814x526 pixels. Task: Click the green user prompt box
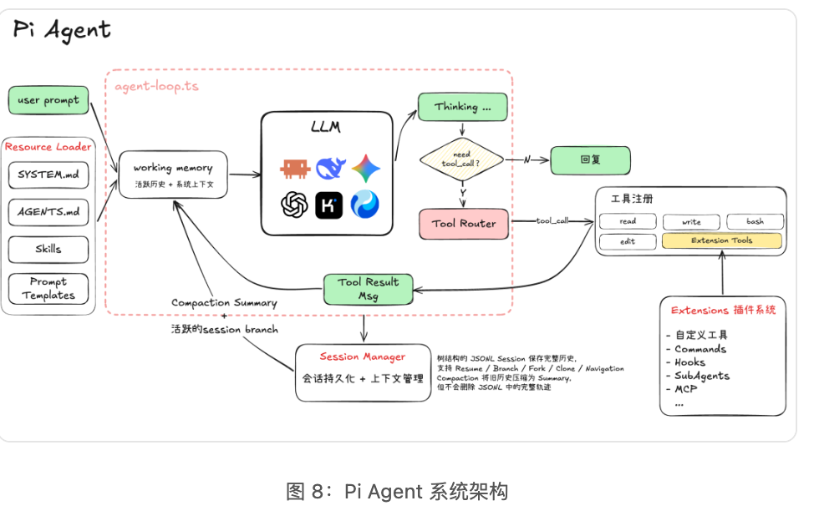click(48, 100)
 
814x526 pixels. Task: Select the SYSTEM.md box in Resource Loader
click(48, 174)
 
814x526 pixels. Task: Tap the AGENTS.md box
click(48, 211)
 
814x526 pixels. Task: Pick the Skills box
click(48, 250)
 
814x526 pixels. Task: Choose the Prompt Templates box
click(48, 288)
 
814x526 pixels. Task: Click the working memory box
click(173, 174)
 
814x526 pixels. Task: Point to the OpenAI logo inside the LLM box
click(294, 205)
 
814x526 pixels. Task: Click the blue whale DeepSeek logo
click(330, 169)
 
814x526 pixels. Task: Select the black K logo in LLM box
click(328, 205)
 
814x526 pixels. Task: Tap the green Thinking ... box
click(462, 107)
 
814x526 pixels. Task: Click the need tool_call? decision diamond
click(461, 159)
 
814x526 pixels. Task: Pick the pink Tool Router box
click(464, 224)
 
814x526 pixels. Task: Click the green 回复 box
click(590, 160)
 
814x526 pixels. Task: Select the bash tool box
click(755, 221)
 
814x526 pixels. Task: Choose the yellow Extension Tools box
click(721, 240)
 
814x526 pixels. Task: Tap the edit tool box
click(628, 242)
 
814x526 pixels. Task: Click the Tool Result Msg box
click(368, 289)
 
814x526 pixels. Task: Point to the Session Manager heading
click(363, 357)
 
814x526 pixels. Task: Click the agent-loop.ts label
click(157, 86)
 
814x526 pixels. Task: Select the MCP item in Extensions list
click(685, 389)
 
